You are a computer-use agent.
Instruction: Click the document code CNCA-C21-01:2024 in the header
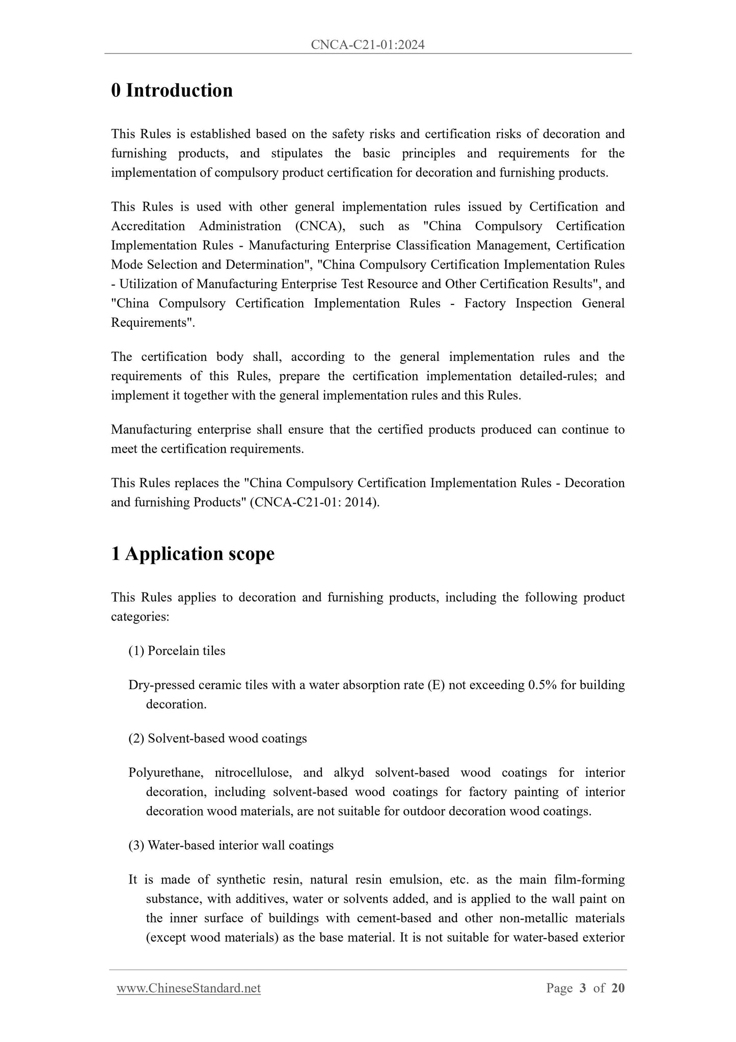[367, 45]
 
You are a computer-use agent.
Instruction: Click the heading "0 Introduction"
[172, 90]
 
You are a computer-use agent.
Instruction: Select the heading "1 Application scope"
[193, 554]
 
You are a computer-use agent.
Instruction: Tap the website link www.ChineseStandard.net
[188, 988]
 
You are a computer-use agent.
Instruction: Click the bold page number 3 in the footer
[583, 988]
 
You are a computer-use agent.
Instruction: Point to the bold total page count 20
[618, 988]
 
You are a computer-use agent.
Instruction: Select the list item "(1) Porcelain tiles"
[177, 651]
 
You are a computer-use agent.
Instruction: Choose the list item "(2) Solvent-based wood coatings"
[217, 739]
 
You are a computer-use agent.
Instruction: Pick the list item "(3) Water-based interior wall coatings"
[231, 846]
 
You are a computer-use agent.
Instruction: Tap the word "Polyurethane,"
[166, 773]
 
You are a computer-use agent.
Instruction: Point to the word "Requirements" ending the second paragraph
[151, 323]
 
